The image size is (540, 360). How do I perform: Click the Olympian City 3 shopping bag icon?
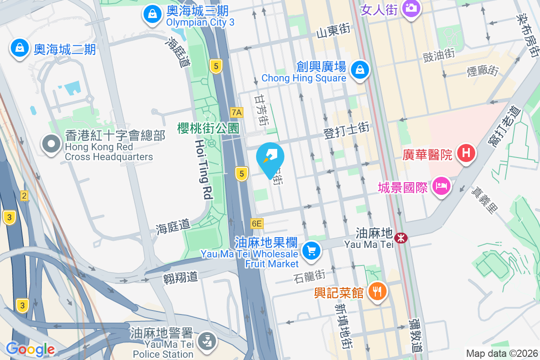pyautogui.click(x=153, y=14)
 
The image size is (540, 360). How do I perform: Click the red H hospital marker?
pyautogui.click(x=466, y=153)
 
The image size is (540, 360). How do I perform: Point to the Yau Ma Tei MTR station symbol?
pyautogui.click(x=400, y=237)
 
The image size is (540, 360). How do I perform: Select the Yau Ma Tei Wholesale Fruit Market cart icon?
pyautogui.click(x=311, y=250)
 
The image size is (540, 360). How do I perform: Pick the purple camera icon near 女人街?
pyautogui.click(x=410, y=8)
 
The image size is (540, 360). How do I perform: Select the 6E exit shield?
pyautogui.click(x=256, y=223)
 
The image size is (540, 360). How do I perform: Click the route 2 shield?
pyautogui.click(x=24, y=195)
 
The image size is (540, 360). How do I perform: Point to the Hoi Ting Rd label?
pyautogui.click(x=203, y=169)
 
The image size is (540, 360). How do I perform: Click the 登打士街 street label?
pyautogui.click(x=346, y=130)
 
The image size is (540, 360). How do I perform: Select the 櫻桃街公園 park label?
pyautogui.click(x=208, y=128)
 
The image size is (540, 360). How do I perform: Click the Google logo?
pyautogui.click(x=30, y=349)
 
